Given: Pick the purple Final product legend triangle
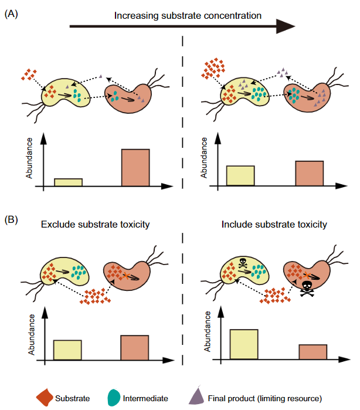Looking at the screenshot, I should click(x=197, y=397).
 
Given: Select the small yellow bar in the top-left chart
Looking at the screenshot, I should click(x=68, y=182).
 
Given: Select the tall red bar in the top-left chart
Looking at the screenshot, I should click(x=135, y=168).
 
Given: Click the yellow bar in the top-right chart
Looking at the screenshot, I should click(x=240, y=176).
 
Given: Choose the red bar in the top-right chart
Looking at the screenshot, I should click(x=309, y=174).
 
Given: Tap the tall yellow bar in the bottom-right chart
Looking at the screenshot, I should click(x=243, y=344).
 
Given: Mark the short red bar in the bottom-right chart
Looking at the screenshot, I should click(x=312, y=352).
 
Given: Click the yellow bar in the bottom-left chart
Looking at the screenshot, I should click(x=67, y=350).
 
